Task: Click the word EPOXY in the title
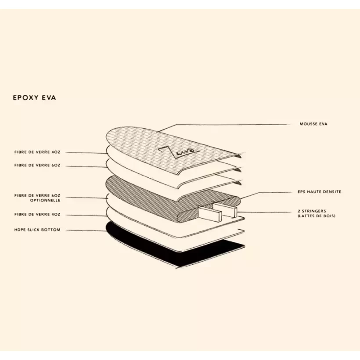(25, 97)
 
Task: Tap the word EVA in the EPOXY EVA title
(49, 97)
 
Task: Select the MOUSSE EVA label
(313, 124)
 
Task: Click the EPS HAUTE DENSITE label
(319, 192)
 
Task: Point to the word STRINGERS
(314, 211)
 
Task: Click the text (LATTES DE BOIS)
(317, 216)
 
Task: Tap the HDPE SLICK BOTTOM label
(37, 230)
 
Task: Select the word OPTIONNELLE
(45, 201)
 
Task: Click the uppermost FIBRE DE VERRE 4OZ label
(37, 152)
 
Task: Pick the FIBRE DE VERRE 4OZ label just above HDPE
(37, 214)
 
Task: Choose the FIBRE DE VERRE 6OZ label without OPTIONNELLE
(37, 165)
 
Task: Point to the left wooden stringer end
(210, 213)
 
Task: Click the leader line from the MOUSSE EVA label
(223, 125)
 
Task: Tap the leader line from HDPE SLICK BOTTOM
(86, 230)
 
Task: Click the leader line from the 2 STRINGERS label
(264, 212)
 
